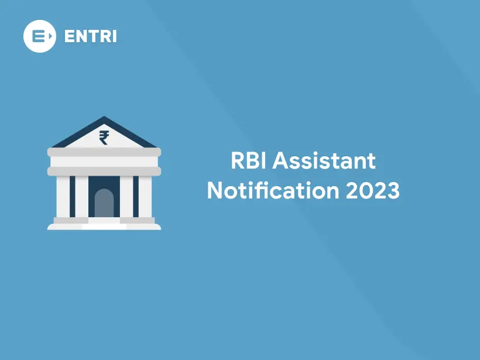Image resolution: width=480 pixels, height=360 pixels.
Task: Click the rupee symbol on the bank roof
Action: click(104, 137)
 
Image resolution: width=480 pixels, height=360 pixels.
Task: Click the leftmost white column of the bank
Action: click(63, 197)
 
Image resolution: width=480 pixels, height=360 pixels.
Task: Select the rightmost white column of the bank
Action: click(145, 197)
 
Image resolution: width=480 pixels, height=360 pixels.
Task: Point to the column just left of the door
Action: click(81, 197)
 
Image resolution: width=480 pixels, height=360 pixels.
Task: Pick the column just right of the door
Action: click(126, 197)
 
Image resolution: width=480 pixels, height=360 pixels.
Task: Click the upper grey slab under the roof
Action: click(104, 152)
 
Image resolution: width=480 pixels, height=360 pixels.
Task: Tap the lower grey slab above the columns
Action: click(104, 171)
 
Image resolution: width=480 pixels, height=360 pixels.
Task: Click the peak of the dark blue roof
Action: click(104, 118)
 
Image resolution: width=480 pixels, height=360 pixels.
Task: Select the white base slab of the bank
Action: click(104, 227)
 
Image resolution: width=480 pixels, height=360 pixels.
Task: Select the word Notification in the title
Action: click(272, 191)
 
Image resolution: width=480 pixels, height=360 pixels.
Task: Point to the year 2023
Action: click(372, 191)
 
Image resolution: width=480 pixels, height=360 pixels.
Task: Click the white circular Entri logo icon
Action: click(39, 36)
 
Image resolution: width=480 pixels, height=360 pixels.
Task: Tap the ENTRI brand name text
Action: click(91, 36)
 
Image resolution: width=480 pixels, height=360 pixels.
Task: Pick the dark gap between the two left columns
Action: click(72, 197)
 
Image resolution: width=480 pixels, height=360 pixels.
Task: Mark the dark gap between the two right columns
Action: click(136, 197)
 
